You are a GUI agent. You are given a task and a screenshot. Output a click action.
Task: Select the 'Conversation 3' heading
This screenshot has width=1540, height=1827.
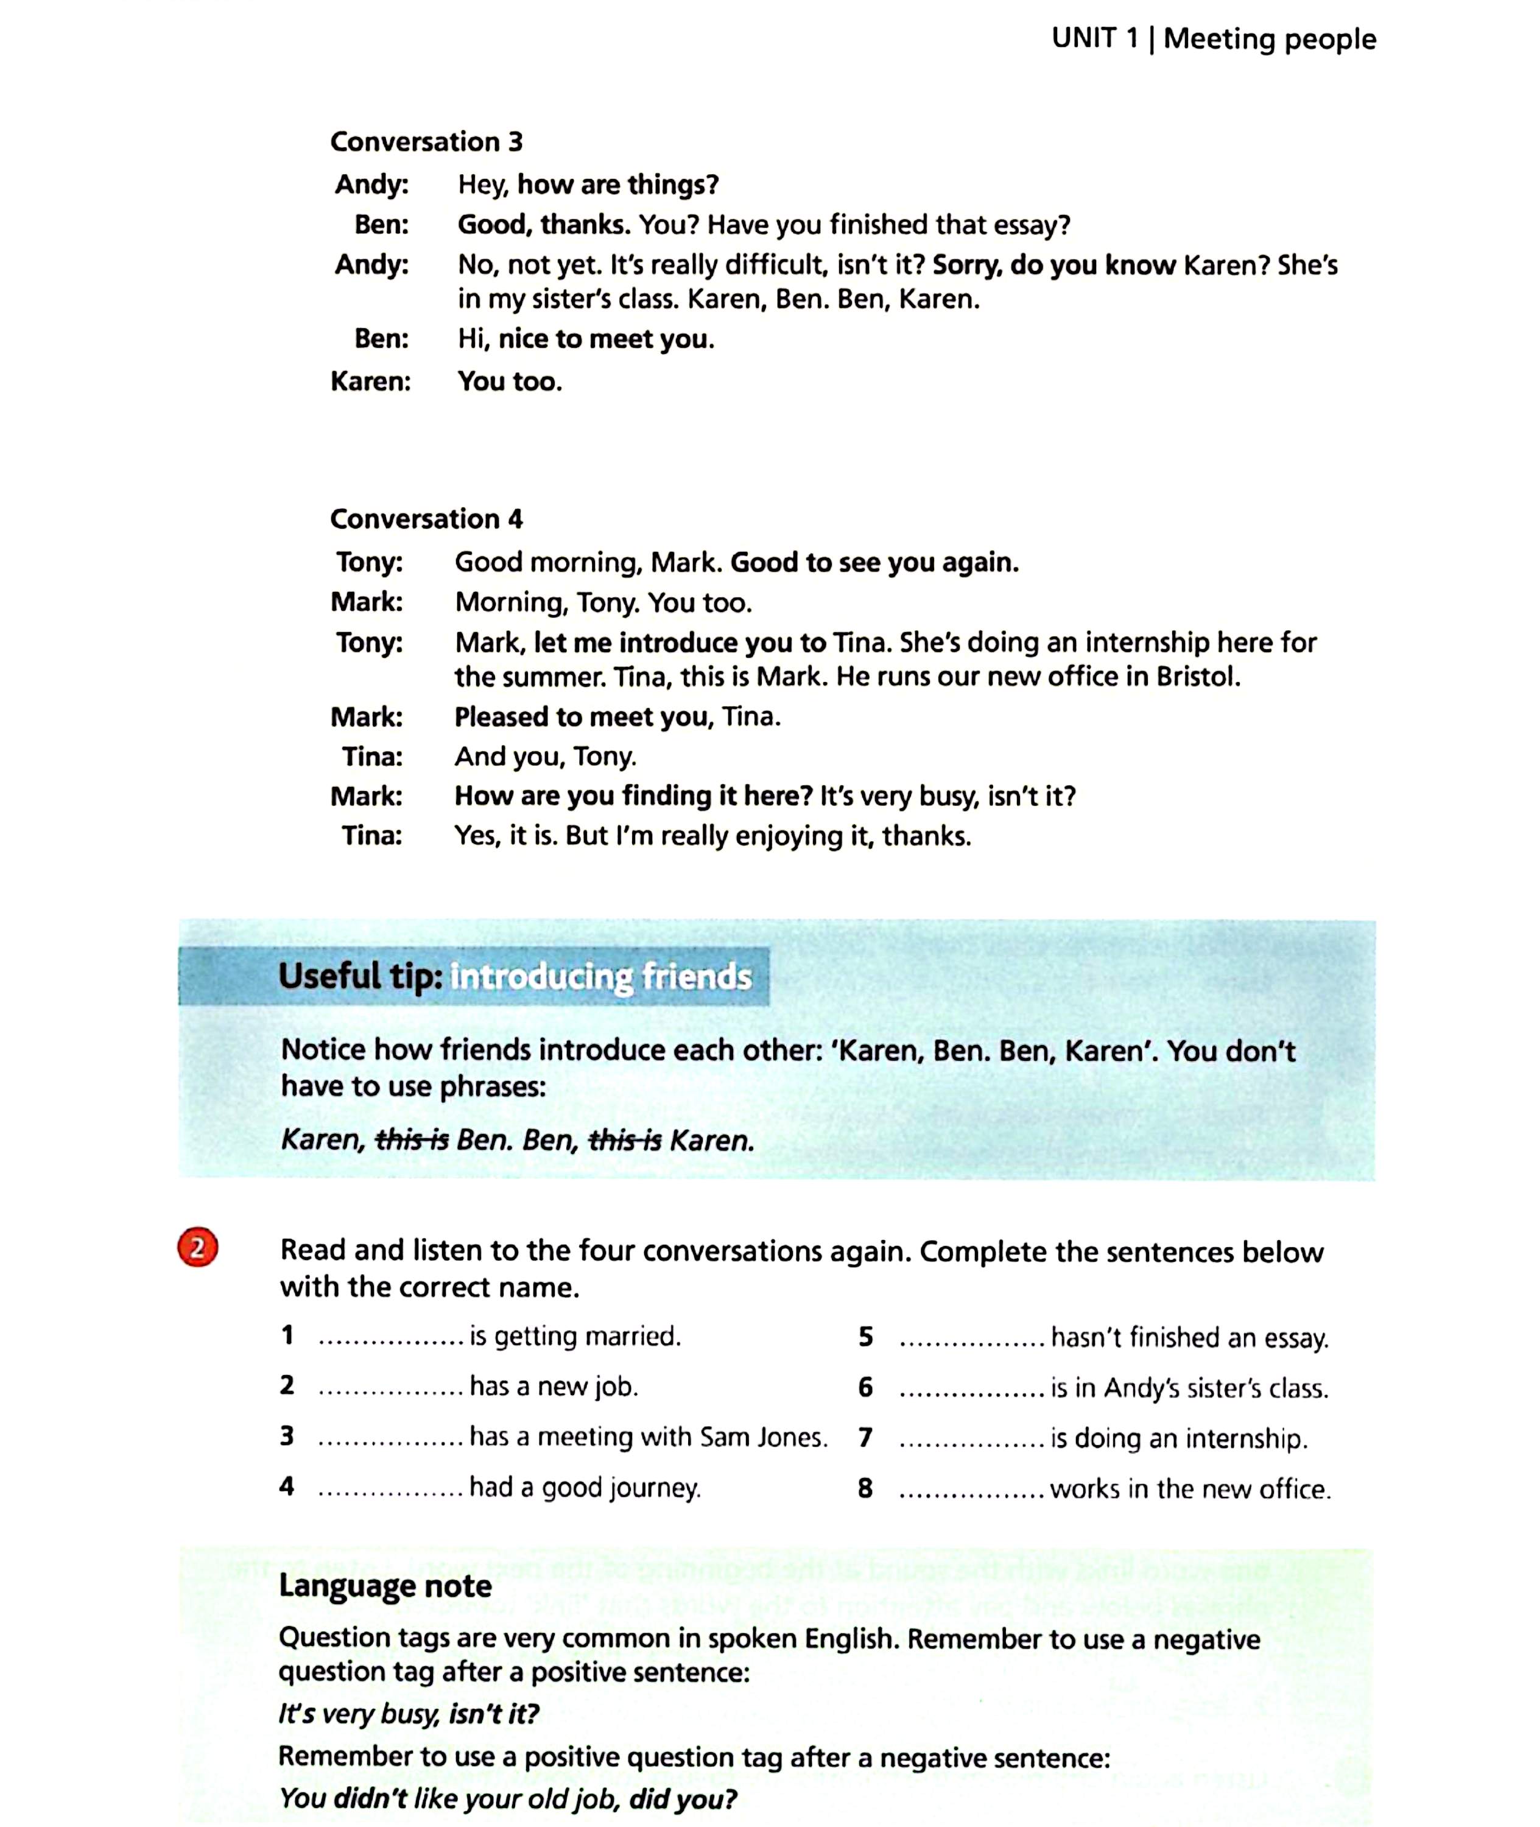click(426, 141)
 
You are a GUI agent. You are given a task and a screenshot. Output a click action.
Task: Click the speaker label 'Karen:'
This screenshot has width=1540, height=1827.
click(370, 381)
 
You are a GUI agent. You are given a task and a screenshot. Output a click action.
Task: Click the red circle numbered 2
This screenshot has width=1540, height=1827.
click(197, 1248)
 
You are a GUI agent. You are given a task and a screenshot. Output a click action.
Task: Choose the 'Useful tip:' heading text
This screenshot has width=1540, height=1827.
click(360, 976)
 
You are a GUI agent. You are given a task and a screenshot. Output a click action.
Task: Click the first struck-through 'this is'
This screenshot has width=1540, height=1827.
click(411, 1140)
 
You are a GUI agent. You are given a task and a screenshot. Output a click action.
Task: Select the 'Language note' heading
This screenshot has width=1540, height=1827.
click(385, 1586)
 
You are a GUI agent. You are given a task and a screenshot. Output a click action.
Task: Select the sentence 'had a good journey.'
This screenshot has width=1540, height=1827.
click(585, 1487)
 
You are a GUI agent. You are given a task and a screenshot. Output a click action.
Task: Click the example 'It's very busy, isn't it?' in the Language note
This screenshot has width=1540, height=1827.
click(409, 1714)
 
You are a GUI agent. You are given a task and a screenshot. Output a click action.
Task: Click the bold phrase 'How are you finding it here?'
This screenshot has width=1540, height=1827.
click(633, 796)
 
